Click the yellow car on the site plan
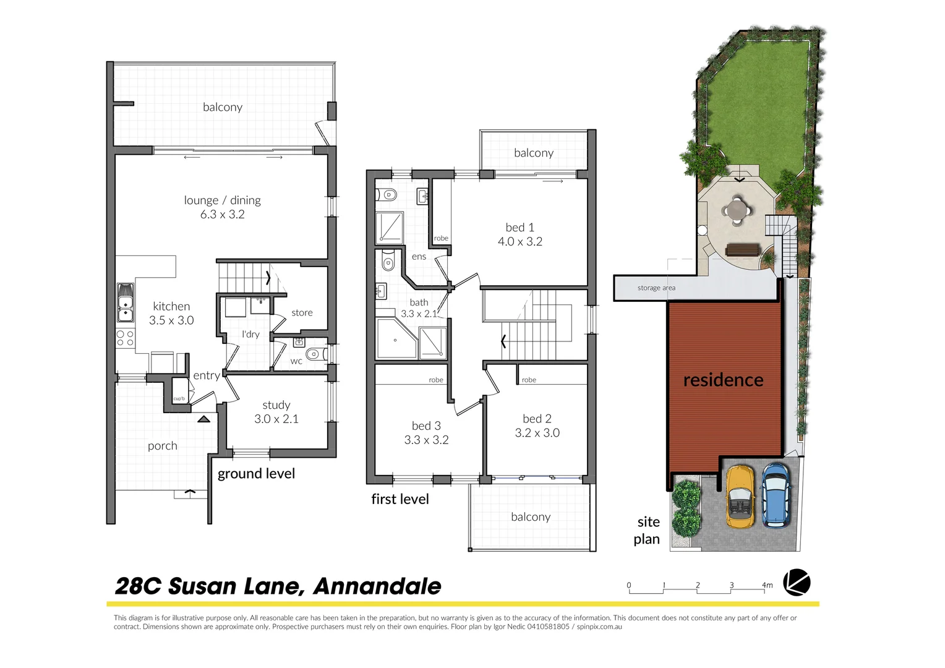click(740, 497)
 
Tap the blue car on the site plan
click(775, 495)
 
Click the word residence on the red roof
click(723, 380)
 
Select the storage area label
click(656, 288)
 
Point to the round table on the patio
click(737, 208)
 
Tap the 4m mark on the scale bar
click(767, 585)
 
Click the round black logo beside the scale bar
click(797, 583)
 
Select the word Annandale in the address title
click(377, 586)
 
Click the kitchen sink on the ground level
click(126, 302)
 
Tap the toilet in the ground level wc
click(314, 354)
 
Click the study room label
click(276, 405)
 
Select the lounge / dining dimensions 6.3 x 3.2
click(222, 215)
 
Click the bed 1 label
click(520, 228)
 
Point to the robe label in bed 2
click(529, 380)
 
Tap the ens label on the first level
click(419, 257)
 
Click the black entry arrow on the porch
click(203, 419)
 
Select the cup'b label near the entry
click(179, 399)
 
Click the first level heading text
click(400, 499)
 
